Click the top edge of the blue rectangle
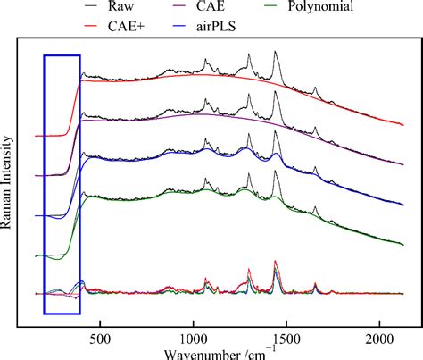[x=62, y=55]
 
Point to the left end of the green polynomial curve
[x=36, y=255]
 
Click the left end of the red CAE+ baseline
[x=36, y=137]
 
